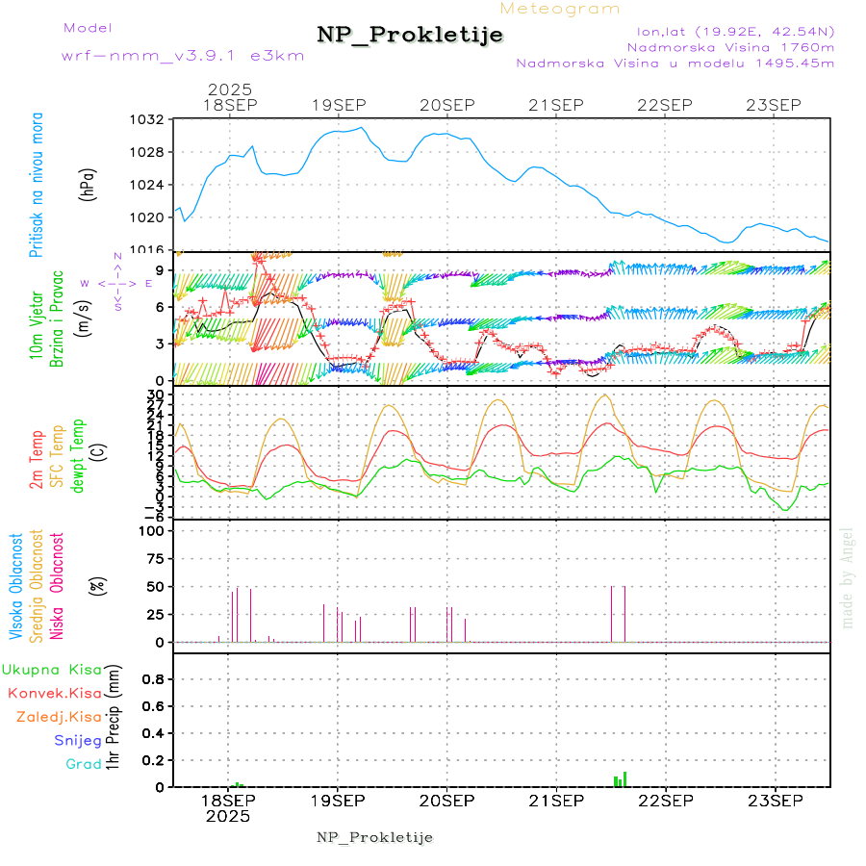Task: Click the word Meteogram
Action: (560, 9)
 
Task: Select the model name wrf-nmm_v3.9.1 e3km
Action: (183, 55)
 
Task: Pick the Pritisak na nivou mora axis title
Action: (36, 183)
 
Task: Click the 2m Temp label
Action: (37, 461)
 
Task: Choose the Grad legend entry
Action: (84, 765)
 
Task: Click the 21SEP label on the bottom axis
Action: (556, 801)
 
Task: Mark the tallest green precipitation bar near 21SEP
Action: (624, 779)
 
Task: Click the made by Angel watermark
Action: (848, 577)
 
